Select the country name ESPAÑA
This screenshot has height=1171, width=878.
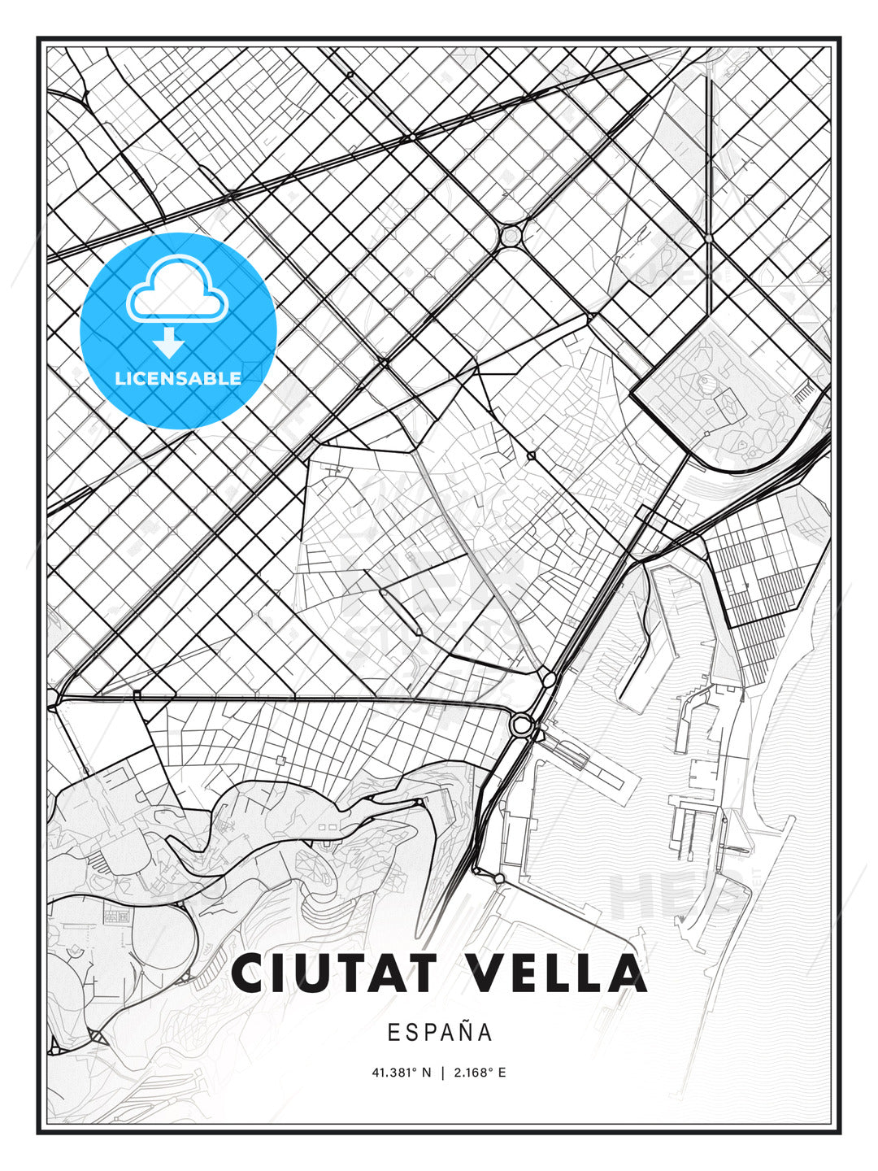440,1033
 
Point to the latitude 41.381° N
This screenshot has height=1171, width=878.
402,1073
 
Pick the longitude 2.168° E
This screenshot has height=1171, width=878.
480,1073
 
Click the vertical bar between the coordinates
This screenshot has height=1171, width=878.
442,1073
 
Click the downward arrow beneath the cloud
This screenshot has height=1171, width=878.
169,343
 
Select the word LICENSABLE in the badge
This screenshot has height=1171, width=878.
178,378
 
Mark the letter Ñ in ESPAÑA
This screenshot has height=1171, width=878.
464,1031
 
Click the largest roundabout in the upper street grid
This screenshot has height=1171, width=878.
511,236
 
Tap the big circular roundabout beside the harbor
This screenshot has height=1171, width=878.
521,723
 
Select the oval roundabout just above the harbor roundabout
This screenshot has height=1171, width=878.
549,678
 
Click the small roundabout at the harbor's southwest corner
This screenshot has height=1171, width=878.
498,878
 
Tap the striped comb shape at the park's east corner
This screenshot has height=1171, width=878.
804,393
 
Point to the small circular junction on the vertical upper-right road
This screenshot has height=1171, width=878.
709,237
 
